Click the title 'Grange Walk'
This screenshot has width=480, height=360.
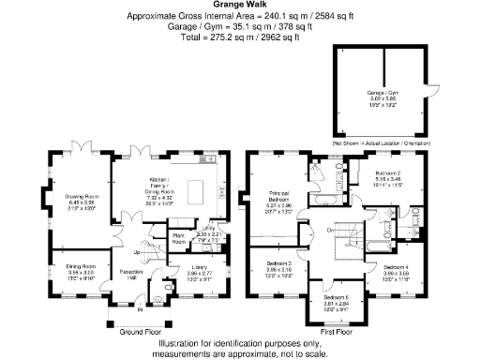[239, 6]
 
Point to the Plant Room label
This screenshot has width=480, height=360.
[177, 237]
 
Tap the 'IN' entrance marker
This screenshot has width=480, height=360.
[142, 308]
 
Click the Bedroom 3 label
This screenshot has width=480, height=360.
[280, 264]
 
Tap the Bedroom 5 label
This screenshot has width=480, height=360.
[337, 297]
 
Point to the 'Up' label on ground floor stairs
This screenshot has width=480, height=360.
[138, 252]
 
